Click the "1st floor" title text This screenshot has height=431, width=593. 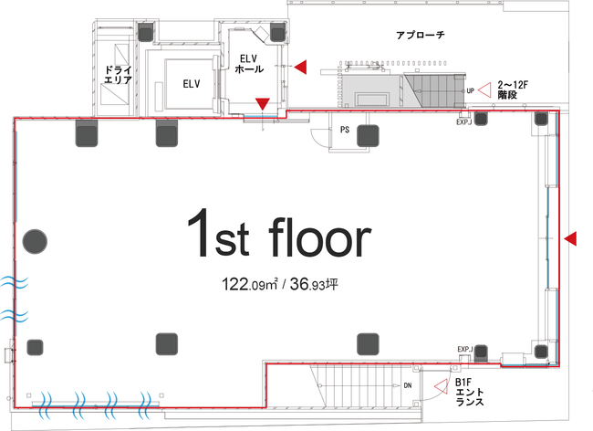[x=279, y=234]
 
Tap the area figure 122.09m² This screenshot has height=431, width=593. [x=250, y=284]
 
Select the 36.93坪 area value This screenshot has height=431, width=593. [x=314, y=284]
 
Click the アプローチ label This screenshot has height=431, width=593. [x=421, y=36]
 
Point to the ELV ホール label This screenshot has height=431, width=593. [x=249, y=64]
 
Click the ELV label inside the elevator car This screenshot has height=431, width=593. [x=192, y=84]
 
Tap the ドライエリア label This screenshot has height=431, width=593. [x=118, y=75]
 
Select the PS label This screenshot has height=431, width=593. [x=345, y=130]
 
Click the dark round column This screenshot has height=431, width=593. [x=35, y=241]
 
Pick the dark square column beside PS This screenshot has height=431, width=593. [x=368, y=136]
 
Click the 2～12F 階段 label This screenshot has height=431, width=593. [x=513, y=90]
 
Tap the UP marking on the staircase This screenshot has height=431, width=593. [x=470, y=90]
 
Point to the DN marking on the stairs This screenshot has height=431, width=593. [x=407, y=385]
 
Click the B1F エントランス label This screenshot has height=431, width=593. [x=469, y=392]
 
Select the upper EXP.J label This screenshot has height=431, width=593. [x=463, y=122]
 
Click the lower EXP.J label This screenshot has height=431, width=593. [x=465, y=349]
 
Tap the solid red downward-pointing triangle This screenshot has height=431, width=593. [x=263, y=104]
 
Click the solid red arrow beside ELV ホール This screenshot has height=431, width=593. [x=301, y=68]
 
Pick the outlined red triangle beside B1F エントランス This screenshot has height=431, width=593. [x=441, y=387]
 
